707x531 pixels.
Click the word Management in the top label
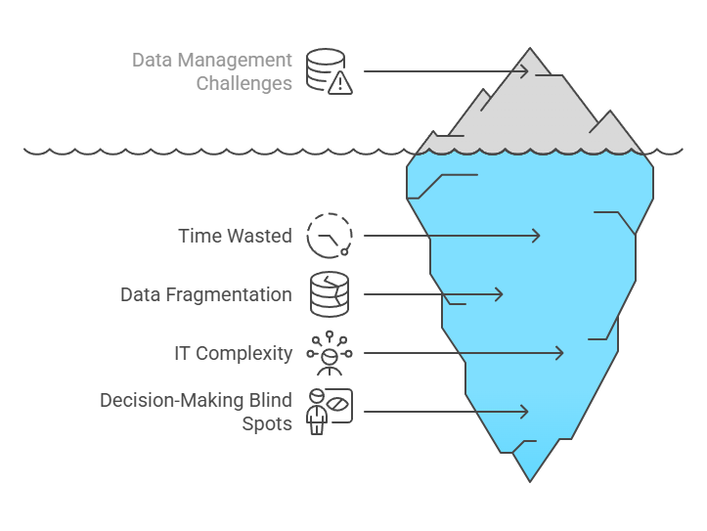pyautogui.click(x=235, y=60)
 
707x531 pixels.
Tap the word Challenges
pyautogui.click(x=243, y=83)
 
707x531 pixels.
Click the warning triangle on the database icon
pyautogui.click(x=340, y=83)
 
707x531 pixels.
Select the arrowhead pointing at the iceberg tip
pyautogui.click(x=523, y=71)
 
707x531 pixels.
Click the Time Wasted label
pyautogui.click(x=235, y=236)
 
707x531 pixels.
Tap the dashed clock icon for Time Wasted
pyautogui.click(x=330, y=236)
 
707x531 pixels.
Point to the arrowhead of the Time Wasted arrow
pyautogui.click(x=535, y=236)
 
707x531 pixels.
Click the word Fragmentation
pyautogui.click(x=229, y=294)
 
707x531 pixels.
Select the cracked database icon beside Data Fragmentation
pyautogui.click(x=330, y=294)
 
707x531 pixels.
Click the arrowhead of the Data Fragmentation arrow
pyautogui.click(x=498, y=294)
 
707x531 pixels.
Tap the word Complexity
pyautogui.click(x=243, y=353)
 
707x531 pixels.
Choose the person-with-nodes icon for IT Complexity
pyautogui.click(x=330, y=353)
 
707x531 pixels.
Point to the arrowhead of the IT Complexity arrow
pyautogui.click(x=558, y=353)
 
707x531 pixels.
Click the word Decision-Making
pyautogui.click(x=171, y=400)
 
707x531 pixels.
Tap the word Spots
pyautogui.click(x=267, y=423)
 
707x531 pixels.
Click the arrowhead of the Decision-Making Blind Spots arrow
pyautogui.click(x=523, y=412)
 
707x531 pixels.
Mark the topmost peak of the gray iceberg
pyautogui.click(x=530, y=47)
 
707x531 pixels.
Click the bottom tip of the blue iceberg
pyautogui.click(x=530, y=482)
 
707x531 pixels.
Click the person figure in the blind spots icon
pyautogui.click(x=317, y=412)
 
